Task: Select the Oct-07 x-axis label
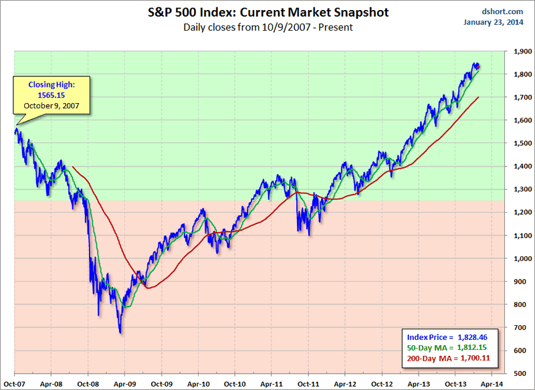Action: click(x=14, y=384)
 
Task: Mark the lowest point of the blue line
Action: click(x=120, y=332)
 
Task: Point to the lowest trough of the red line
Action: click(x=148, y=288)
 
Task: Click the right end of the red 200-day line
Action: click(x=479, y=97)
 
